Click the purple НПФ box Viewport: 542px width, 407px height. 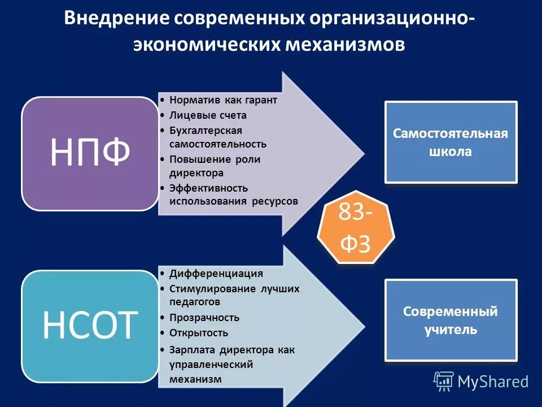[x=90, y=154]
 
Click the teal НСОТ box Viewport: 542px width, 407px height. [x=90, y=326]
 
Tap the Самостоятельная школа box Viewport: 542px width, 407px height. [x=451, y=142]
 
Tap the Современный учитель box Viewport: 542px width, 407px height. [x=451, y=320]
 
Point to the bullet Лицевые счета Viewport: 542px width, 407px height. [x=208, y=115]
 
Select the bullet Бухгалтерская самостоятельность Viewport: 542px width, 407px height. [x=218, y=137]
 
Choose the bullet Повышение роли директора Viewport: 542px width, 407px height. [x=215, y=166]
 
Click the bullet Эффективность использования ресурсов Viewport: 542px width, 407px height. [x=233, y=194]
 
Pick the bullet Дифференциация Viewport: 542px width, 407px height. [x=216, y=274]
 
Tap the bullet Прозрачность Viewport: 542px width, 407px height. [x=204, y=318]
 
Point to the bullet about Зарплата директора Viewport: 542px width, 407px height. [x=231, y=364]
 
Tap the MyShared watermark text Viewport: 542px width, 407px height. [x=493, y=382]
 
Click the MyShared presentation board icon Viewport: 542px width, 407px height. [x=444, y=382]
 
